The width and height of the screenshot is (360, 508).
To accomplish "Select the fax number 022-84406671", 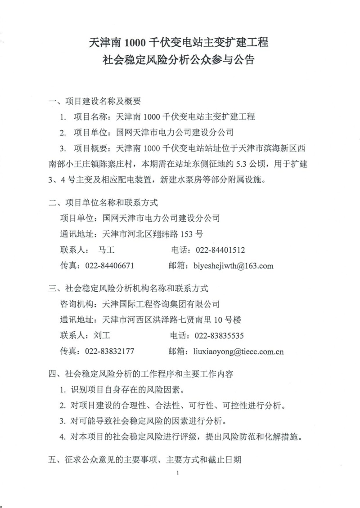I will tap(109, 266).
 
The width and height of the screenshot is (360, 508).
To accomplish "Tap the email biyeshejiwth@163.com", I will tap(233, 266).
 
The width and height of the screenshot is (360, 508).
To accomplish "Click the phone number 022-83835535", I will tap(219, 335).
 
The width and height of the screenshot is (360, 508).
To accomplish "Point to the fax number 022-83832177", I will tap(109, 351).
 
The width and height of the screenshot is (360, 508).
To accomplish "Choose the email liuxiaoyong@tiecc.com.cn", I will tap(238, 351).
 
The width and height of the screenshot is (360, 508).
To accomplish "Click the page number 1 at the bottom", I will tap(179, 473).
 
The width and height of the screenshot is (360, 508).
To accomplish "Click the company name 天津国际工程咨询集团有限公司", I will tap(162, 304).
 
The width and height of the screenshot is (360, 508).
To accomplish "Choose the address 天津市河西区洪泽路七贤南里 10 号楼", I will tap(172, 320).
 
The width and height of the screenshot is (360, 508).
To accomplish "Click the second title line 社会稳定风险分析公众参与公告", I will tap(179, 60).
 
